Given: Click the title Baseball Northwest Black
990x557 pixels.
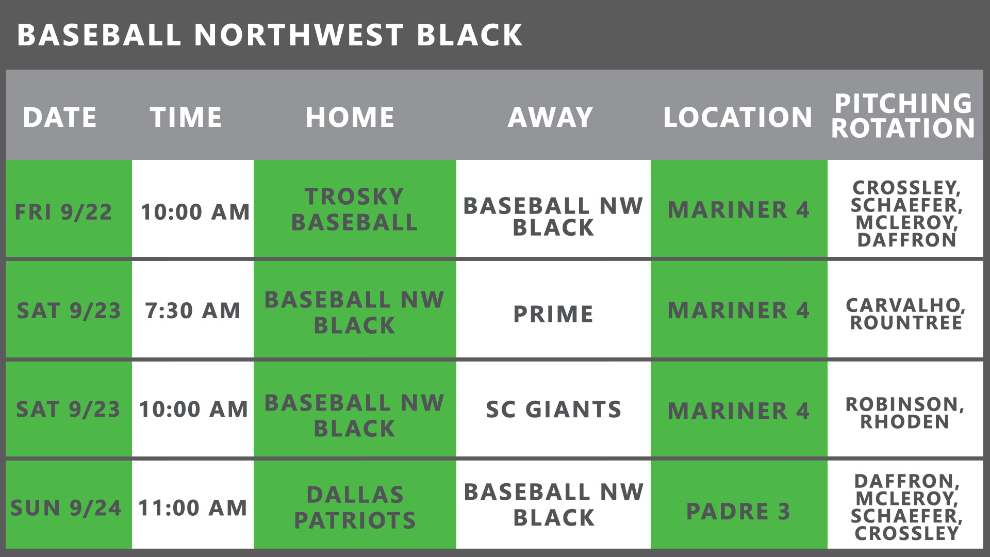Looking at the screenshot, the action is pyautogui.click(x=270, y=35).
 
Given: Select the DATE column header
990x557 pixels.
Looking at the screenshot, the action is pyautogui.click(x=60, y=117).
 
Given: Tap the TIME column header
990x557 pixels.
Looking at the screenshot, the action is pyautogui.click(x=186, y=117).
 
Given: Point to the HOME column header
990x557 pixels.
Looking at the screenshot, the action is pyautogui.click(x=350, y=117).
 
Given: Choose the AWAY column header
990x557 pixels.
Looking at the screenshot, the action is pyautogui.click(x=551, y=117).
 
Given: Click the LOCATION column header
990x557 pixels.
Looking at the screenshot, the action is pyautogui.click(x=738, y=117).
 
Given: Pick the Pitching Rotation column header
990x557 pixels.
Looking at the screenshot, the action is pyautogui.click(x=903, y=116).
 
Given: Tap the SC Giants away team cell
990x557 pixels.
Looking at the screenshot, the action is pyautogui.click(x=553, y=409).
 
